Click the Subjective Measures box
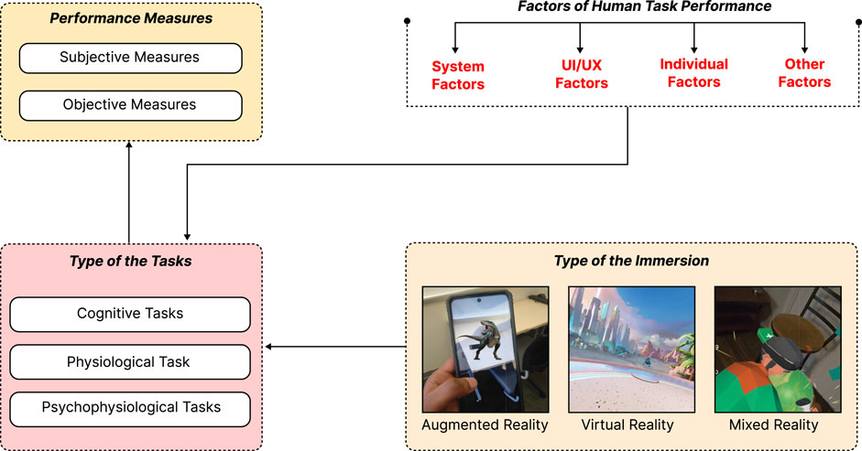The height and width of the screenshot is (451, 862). pos(129,58)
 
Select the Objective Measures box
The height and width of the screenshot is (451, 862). pos(129,104)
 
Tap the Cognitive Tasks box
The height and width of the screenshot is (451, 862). pos(129,314)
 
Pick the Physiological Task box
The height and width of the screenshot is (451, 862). pos(129,362)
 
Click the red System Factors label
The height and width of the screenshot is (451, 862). pos(458,75)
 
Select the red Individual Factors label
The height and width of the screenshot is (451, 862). pos(693,72)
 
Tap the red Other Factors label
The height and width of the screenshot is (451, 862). pos(805,72)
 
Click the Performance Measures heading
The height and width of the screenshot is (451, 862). pos(129,17)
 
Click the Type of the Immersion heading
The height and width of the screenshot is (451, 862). pos(632,261)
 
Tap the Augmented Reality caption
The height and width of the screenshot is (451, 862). pos(485,425)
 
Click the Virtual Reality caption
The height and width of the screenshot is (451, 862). pos(627,425)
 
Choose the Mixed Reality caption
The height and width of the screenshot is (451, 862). pos(772,425)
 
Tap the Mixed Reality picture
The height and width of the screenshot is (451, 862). pos(772,349)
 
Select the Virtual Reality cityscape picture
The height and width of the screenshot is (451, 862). pos(627,349)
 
